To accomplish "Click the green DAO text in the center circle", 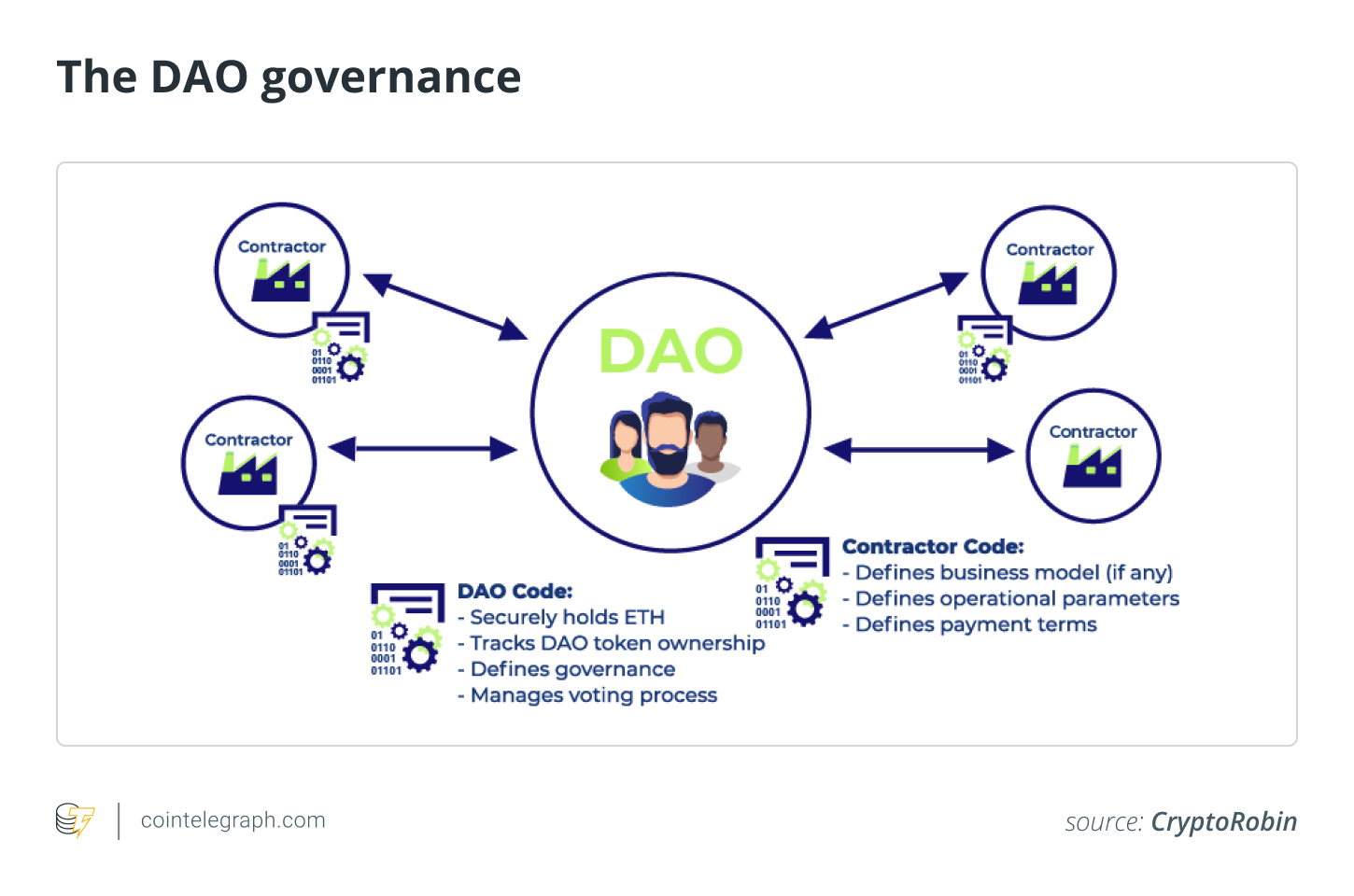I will pos(670,352).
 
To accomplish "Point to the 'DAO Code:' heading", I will pos(515,591).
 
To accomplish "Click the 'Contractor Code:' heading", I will pos(933,547).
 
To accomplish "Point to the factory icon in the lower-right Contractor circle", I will pos(1092,466).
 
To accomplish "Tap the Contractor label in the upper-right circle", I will pos(1050,249).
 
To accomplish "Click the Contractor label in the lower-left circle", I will pos(248,440).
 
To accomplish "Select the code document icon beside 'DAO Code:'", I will pos(407,627).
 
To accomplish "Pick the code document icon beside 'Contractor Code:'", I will pos(792,581).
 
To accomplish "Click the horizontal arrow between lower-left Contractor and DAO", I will pos(423,449).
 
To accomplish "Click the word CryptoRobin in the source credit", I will pos(1223,821).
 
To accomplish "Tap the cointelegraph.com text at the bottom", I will pos(233,820).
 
